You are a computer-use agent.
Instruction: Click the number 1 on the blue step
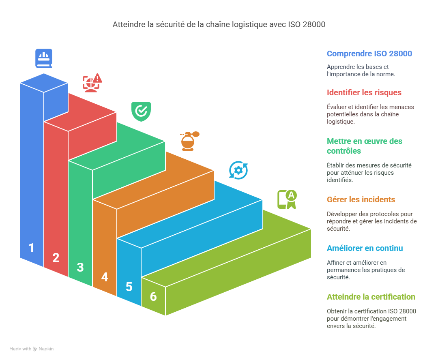click(31, 248)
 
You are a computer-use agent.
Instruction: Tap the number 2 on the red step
click(56, 257)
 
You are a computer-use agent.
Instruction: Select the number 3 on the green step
click(80, 267)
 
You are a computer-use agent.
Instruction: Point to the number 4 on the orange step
click(105, 277)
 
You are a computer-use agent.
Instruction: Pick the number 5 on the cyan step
click(129, 287)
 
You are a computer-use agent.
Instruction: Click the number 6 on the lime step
click(153, 296)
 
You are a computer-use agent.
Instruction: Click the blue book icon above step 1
click(44, 58)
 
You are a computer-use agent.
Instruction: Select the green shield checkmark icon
click(141, 111)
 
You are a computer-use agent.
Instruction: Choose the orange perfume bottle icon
click(189, 141)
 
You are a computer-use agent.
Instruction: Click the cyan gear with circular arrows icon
click(238, 170)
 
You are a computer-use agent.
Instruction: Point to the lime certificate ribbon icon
click(287, 199)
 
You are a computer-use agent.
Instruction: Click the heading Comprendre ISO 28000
click(369, 54)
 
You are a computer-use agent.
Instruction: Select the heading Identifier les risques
click(364, 92)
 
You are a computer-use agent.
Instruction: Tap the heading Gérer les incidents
click(361, 199)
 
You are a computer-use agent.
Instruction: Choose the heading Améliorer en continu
click(365, 248)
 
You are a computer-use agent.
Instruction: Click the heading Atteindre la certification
click(371, 297)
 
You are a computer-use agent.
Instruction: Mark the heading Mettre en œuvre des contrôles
click(364, 146)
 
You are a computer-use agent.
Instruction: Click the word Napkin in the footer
click(46, 349)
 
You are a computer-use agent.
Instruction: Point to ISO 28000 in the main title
click(307, 25)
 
